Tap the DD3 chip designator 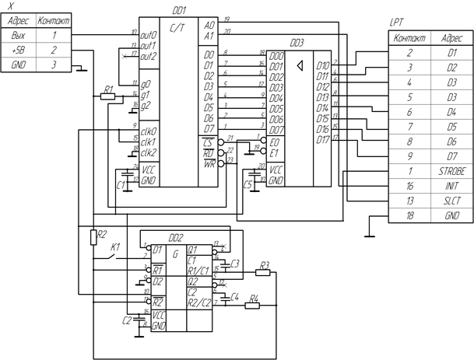pyautogui.click(x=297, y=44)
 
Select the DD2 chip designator pyautogui.click(x=175, y=238)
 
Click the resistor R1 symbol pyautogui.click(x=109, y=96)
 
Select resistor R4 pyautogui.click(x=252, y=306)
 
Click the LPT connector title pyautogui.click(x=395, y=25)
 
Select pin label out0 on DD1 pyautogui.click(x=149, y=36)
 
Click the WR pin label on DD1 pyautogui.click(x=208, y=163)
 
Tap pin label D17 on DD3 pyautogui.click(x=323, y=140)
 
